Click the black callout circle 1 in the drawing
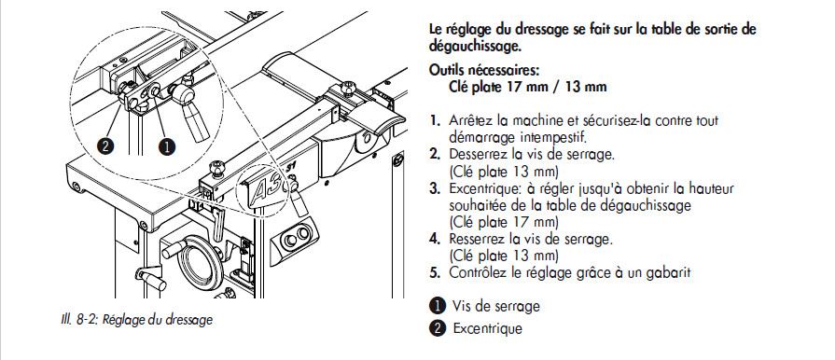tap(167, 145)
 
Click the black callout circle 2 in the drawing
tap(106, 145)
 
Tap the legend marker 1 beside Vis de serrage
tap(437, 306)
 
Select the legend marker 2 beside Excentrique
tap(437, 328)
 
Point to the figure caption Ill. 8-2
tap(136, 320)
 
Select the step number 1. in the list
tap(436, 120)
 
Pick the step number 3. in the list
tap(436, 189)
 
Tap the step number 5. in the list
tap(436, 273)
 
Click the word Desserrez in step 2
tap(476, 155)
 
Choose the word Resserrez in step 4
tap(476, 239)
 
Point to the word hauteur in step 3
tap(710, 188)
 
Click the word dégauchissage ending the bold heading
tap(475, 47)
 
